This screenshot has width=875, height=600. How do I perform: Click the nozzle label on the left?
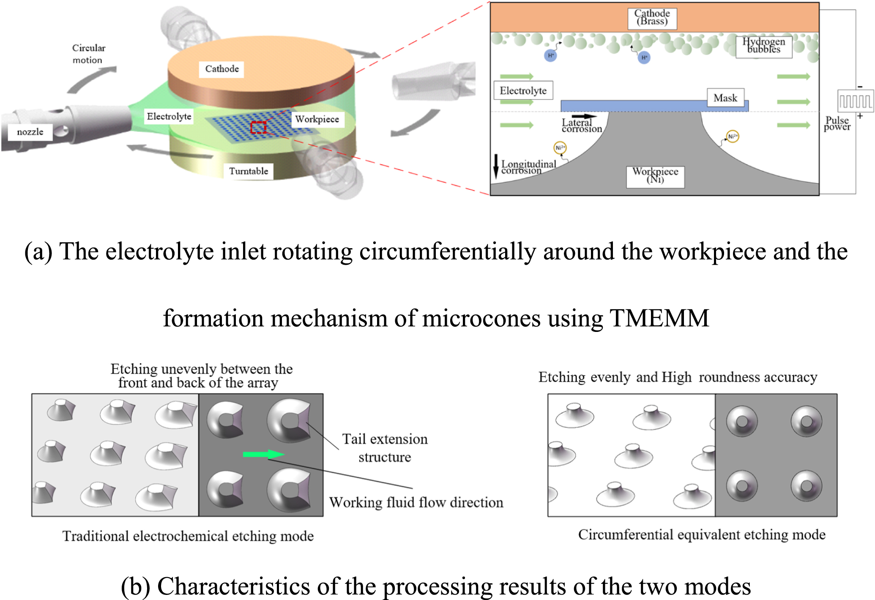30,132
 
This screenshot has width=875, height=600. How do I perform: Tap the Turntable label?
249,171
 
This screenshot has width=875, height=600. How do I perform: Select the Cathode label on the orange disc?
222,69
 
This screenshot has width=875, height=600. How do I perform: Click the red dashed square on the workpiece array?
258,127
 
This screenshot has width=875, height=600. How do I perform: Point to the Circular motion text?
88,54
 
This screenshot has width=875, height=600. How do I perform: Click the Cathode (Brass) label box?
652,18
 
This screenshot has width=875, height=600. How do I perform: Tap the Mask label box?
725,98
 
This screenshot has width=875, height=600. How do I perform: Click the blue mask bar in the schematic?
634,106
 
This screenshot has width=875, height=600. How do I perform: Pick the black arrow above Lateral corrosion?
584,116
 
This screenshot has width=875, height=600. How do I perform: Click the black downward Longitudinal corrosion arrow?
496,166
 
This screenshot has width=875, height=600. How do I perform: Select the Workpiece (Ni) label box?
655,176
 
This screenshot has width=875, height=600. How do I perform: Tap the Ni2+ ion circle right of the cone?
733,136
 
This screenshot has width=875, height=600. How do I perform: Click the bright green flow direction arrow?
263,455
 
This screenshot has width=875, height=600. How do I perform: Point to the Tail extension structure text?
385,448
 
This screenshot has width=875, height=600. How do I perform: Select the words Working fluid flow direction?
416,502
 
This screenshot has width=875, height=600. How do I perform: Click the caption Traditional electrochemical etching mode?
188,536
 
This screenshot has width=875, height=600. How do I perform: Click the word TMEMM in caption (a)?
659,318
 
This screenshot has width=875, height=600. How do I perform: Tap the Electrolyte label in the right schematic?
523,90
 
